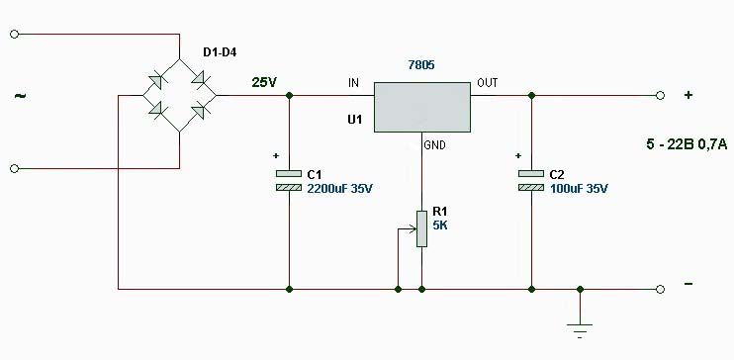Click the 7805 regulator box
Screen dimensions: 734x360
(x=422, y=107)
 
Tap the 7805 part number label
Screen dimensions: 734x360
(x=421, y=65)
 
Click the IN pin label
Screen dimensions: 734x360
(x=353, y=83)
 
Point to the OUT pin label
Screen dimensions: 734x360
(x=488, y=83)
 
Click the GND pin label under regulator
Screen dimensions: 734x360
(x=434, y=145)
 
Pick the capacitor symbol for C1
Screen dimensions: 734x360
(x=289, y=180)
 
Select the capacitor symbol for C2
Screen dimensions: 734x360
(x=531, y=180)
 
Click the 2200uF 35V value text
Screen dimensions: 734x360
(x=340, y=189)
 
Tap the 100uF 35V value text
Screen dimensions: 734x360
(x=579, y=189)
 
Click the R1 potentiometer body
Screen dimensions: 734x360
(x=421, y=228)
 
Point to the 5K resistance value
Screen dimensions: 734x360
(x=440, y=225)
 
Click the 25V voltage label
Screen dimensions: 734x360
(x=264, y=83)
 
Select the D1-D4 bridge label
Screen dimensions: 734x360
(x=220, y=52)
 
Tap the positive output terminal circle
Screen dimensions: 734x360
(x=660, y=96)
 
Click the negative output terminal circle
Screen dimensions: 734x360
(x=660, y=290)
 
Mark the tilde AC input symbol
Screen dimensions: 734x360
(x=21, y=96)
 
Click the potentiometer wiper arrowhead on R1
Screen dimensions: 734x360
(x=413, y=228)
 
